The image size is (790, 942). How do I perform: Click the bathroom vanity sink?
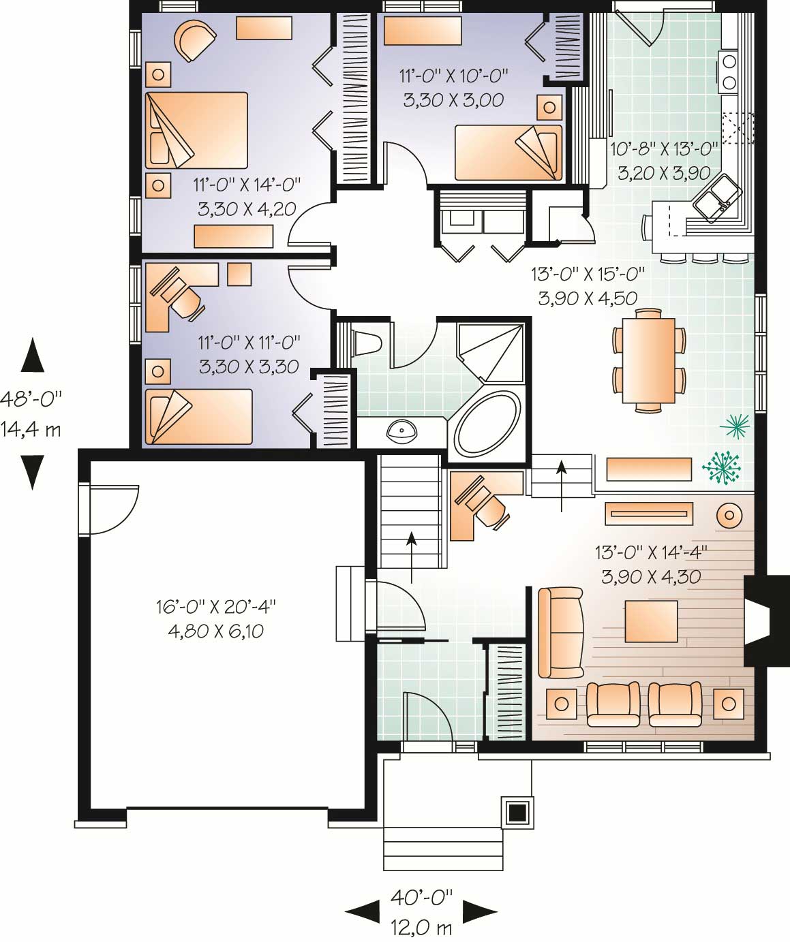tap(401, 430)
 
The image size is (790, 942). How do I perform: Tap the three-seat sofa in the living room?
tap(560, 632)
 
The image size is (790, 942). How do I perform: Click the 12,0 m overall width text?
tap(421, 927)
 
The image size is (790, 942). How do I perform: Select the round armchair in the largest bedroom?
tap(193, 39)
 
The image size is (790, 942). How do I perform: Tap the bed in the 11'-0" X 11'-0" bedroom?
tap(198, 416)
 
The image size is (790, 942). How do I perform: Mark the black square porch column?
tap(517, 812)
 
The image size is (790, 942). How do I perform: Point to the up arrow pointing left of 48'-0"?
tap(32, 357)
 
